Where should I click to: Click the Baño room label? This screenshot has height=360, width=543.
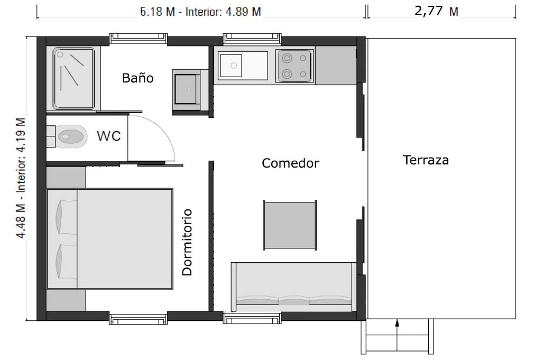click(x=137, y=78)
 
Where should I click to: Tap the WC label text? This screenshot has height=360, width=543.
click(x=109, y=136)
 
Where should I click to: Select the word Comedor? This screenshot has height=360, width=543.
click(x=290, y=163)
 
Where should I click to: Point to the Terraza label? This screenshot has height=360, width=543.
click(x=426, y=160)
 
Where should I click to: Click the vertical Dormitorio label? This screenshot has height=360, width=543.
click(x=187, y=242)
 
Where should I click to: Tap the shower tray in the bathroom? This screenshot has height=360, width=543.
click(x=73, y=79)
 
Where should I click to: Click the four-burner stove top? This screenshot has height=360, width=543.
click(x=294, y=66)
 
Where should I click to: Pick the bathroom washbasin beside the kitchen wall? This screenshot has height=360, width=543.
click(x=186, y=89)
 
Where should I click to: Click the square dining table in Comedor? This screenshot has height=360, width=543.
click(x=290, y=225)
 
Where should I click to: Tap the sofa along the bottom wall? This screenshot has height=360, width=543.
click(x=293, y=287)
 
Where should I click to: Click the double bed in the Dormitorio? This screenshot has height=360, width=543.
click(x=110, y=239)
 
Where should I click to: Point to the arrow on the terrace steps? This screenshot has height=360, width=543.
click(x=397, y=336)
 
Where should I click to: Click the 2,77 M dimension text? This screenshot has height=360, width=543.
click(x=436, y=11)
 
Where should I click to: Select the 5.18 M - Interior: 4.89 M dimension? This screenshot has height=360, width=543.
click(x=200, y=12)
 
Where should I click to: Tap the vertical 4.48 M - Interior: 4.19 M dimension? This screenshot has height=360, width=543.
click(x=21, y=178)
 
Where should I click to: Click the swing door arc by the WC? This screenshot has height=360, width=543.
click(x=165, y=131)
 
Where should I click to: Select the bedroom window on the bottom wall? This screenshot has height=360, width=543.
click(x=138, y=318)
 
